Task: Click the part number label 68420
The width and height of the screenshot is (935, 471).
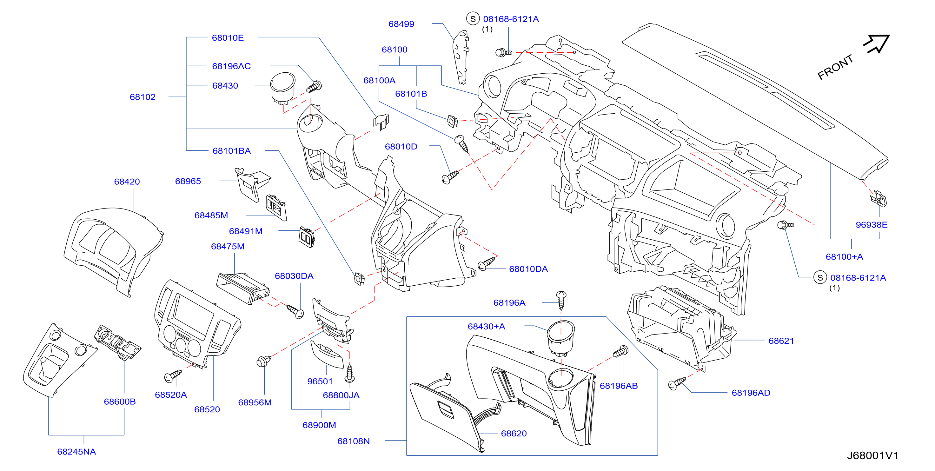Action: [127, 182]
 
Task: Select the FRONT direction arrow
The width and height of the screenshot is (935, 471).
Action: [877, 44]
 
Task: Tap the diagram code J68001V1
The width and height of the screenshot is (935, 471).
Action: [872, 455]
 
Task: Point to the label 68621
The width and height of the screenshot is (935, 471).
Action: [781, 341]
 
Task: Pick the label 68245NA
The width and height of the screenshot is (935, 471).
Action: [76, 452]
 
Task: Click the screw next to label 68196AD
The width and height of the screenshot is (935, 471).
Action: [677, 383]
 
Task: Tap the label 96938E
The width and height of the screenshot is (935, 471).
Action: [872, 225]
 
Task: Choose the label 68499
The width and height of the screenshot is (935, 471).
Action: [401, 24]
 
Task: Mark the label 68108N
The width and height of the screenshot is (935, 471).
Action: [354, 441]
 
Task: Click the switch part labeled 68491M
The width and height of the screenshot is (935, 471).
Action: [307, 236]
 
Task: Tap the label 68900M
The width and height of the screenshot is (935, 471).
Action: [319, 425]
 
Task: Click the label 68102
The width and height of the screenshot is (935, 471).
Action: [143, 97]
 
